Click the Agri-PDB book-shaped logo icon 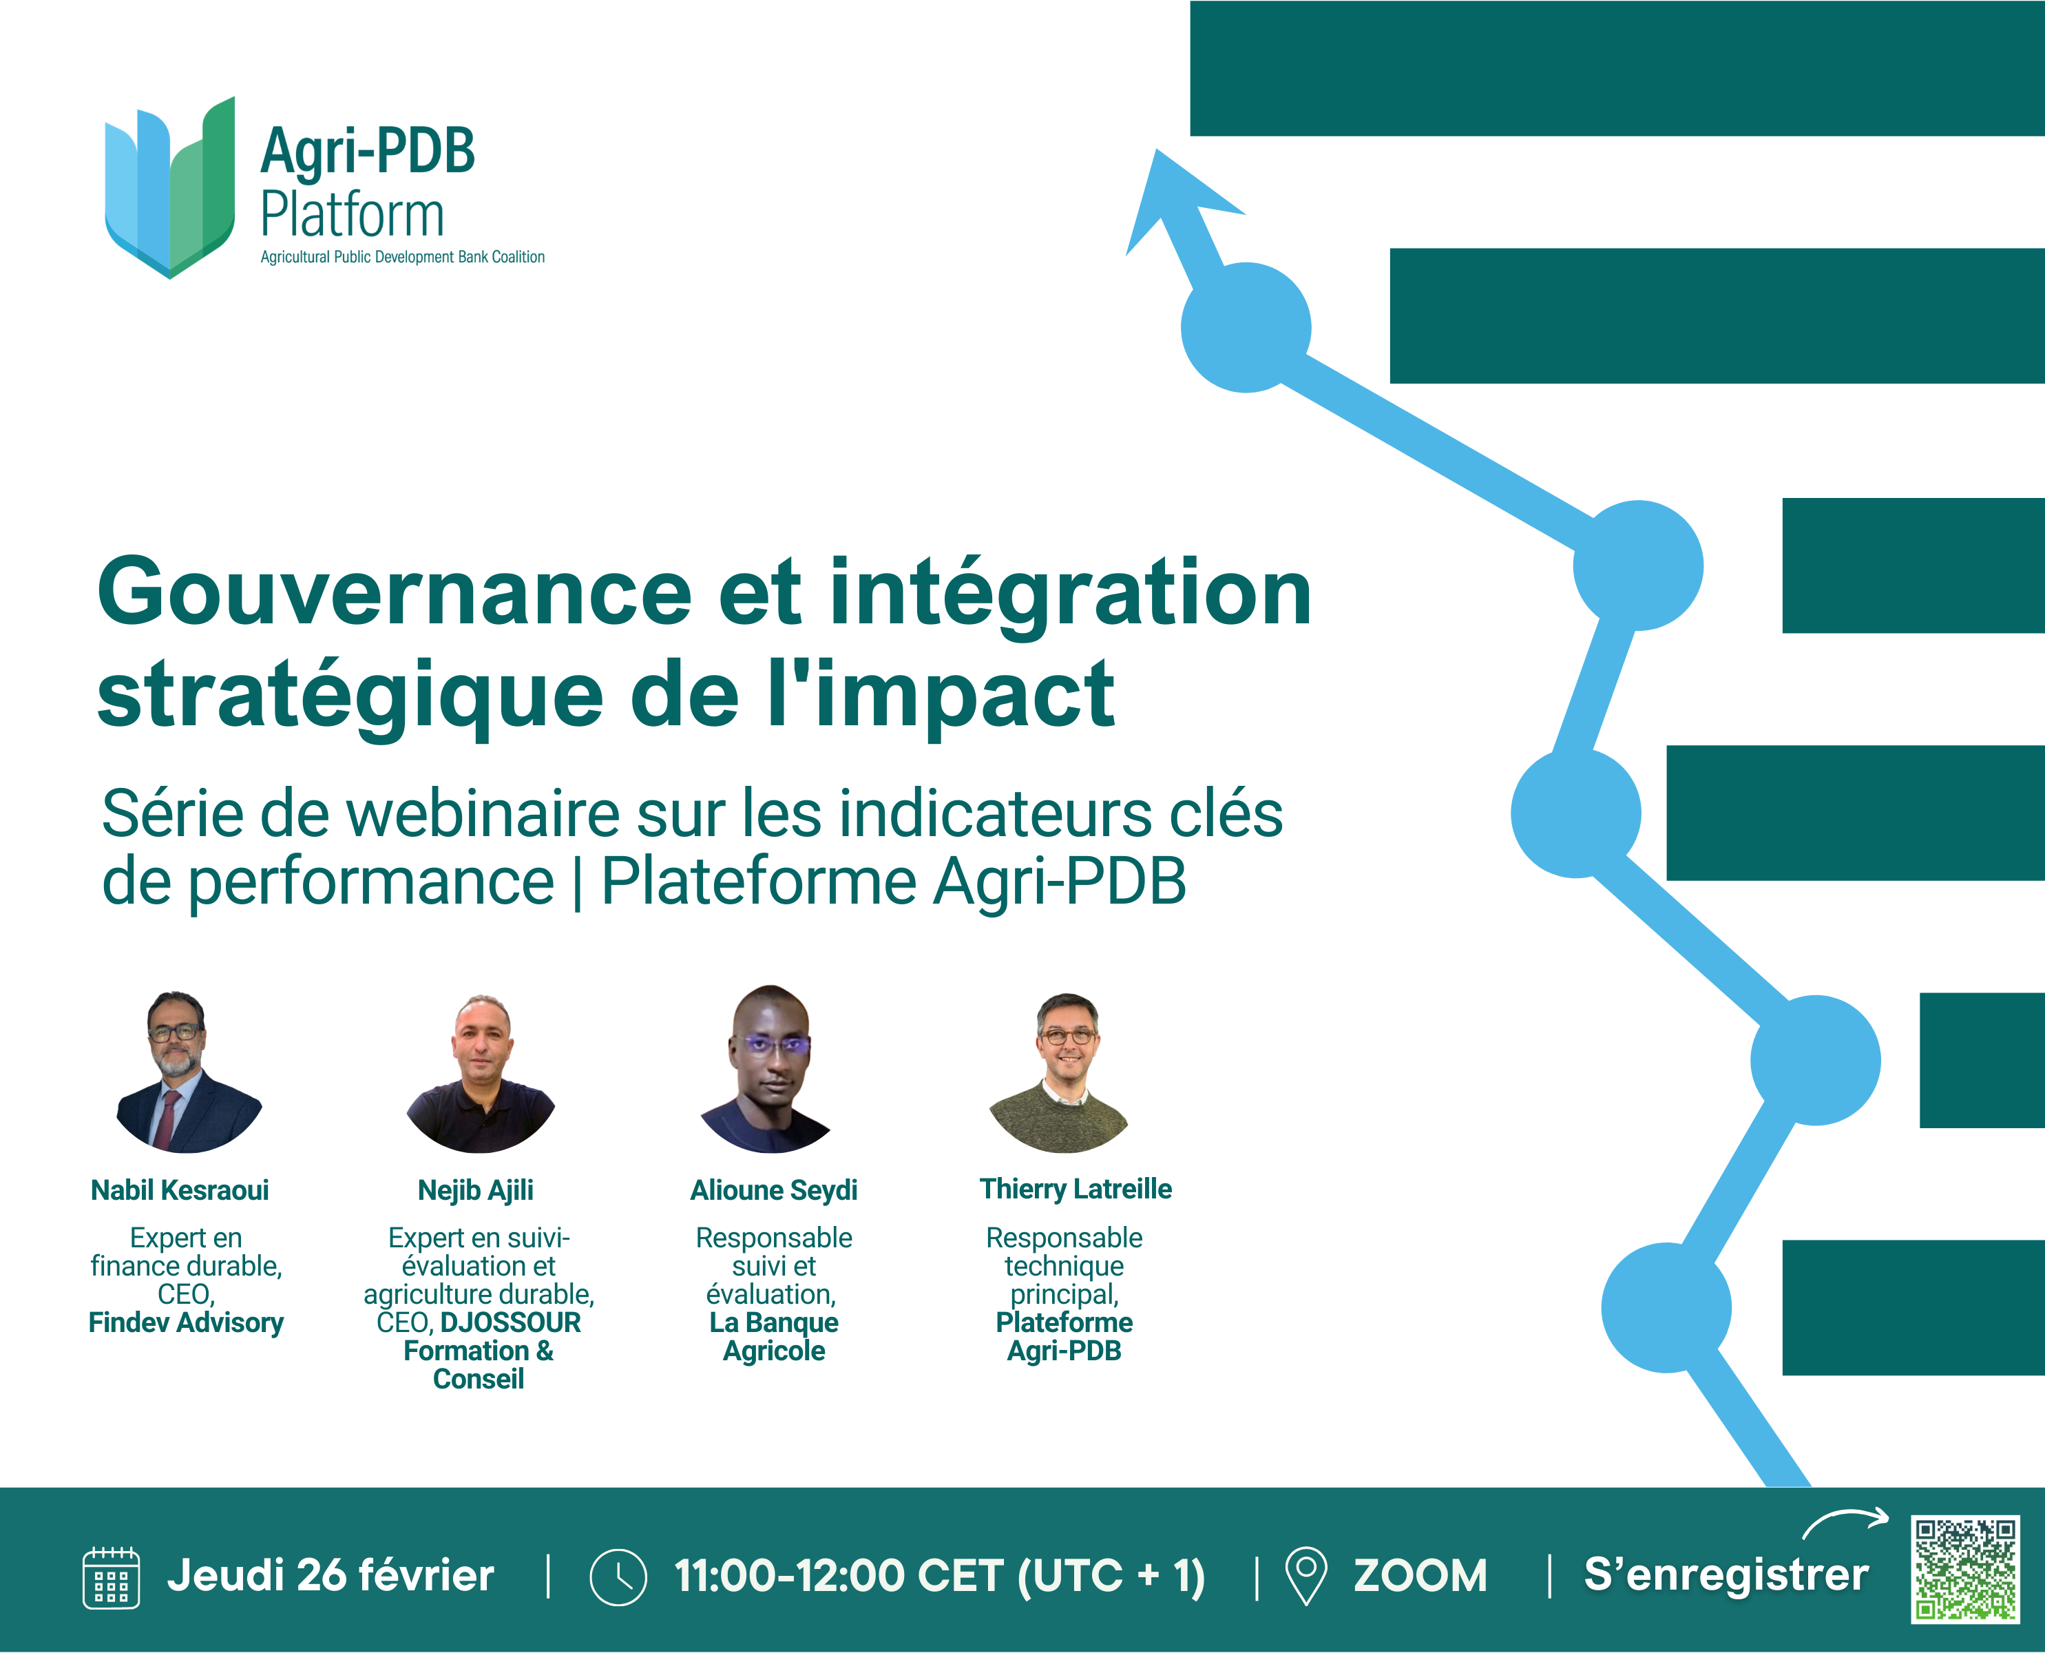pos(169,187)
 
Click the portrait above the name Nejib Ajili pos(481,1073)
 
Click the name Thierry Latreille pos(1076,1189)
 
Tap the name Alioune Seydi pos(774,1190)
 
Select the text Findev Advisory pos(187,1322)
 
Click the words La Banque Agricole pos(774,1337)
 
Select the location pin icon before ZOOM pos(1306,1576)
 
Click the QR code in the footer pos(1965,1569)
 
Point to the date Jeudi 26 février pos(331,1576)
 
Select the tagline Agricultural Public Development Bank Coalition pos(403,257)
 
